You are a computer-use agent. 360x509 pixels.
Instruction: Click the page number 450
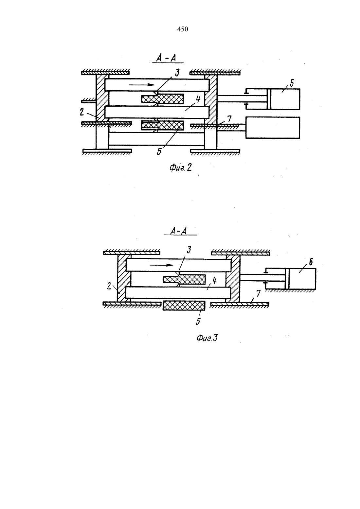[x=183, y=29]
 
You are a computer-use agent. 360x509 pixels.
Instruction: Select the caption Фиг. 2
[x=180, y=168]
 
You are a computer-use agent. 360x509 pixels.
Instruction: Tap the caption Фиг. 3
[x=207, y=338]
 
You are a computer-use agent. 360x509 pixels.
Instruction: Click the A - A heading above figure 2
[x=166, y=58]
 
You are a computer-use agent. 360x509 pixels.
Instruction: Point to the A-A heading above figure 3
[x=179, y=231]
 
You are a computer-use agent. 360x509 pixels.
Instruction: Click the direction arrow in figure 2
[x=142, y=85]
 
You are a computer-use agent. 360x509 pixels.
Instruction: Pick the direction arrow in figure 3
[x=162, y=265]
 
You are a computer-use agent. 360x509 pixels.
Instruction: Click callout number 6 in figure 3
[x=311, y=262]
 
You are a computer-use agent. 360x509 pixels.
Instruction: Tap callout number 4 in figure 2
[x=198, y=99]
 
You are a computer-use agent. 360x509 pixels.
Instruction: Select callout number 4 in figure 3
[x=214, y=281]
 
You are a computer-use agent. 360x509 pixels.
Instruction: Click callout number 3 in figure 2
[x=177, y=73]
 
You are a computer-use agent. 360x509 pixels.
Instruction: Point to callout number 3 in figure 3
[x=189, y=250]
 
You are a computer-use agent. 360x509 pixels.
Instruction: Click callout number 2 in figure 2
[x=82, y=112]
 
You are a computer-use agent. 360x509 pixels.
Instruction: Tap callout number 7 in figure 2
[x=229, y=119]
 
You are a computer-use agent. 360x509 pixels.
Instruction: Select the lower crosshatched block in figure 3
[x=184, y=306]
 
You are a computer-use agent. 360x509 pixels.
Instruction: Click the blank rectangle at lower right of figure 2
[x=273, y=128]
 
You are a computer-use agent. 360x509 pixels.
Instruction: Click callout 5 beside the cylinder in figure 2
[x=292, y=83]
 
